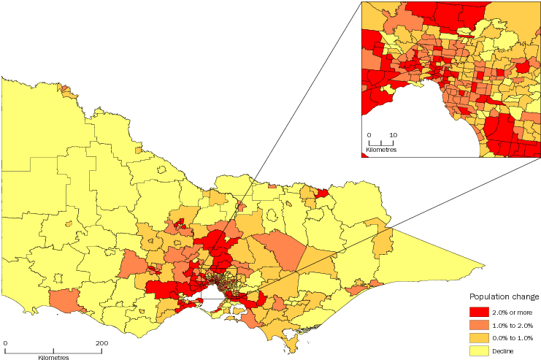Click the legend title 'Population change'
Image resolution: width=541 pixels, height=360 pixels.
[504, 297]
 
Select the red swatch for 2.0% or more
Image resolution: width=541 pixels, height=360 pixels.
[478, 312]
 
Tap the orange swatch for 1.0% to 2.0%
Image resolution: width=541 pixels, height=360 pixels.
[478, 324]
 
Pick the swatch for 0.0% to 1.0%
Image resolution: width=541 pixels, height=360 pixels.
[478, 337]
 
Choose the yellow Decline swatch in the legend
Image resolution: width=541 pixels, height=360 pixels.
[478, 349]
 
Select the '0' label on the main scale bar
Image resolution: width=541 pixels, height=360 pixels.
[5, 342]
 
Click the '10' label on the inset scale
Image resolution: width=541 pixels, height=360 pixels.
[393, 135]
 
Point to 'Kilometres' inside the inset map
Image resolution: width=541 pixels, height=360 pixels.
[380, 149]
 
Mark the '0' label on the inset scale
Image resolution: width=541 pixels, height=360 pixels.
[369, 135]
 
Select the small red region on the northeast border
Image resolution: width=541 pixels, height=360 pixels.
[321, 194]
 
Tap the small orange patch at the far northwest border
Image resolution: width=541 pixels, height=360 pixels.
[69, 92]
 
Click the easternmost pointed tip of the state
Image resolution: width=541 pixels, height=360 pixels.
[484, 264]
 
